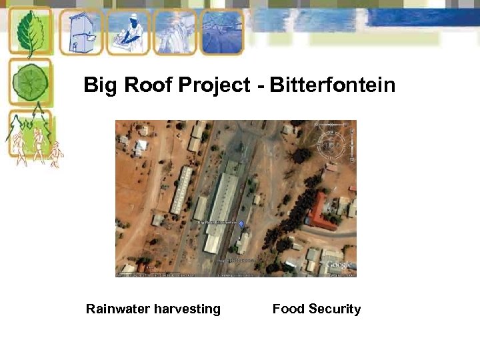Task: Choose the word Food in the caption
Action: pos(288,309)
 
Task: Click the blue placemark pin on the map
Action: pos(241,225)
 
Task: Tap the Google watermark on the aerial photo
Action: pos(339,265)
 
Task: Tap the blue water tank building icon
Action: pos(81,31)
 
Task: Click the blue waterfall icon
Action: pos(175,32)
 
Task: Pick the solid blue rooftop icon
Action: pos(222,31)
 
